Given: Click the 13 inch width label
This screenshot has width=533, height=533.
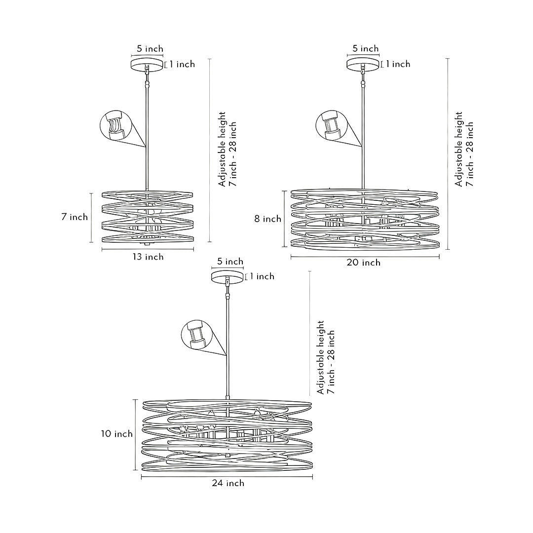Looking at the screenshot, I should pyautogui.click(x=147, y=257).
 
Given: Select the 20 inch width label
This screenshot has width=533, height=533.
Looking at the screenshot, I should pyautogui.click(x=364, y=263).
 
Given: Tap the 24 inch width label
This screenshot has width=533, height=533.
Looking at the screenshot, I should pyautogui.click(x=228, y=483).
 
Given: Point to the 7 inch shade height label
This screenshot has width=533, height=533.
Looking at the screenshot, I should pyautogui.click(x=75, y=217).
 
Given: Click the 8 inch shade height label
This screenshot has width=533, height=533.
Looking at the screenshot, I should pyautogui.click(x=268, y=219).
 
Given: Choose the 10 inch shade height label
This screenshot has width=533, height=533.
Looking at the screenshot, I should pyautogui.click(x=117, y=434).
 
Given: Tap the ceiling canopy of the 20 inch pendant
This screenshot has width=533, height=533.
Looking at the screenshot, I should pyautogui.click(x=363, y=64).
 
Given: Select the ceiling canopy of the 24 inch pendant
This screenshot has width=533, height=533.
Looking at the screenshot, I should pyautogui.click(x=228, y=277).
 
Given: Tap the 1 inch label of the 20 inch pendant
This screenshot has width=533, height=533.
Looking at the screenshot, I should pyautogui.click(x=398, y=64).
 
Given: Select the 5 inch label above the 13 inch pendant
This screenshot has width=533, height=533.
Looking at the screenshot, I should pyautogui.click(x=150, y=49).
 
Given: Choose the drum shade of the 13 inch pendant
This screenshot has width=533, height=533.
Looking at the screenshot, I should pyautogui.click(x=147, y=217).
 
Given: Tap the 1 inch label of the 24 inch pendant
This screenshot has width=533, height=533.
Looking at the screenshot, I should pyautogui.click(x=262, y=276).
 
